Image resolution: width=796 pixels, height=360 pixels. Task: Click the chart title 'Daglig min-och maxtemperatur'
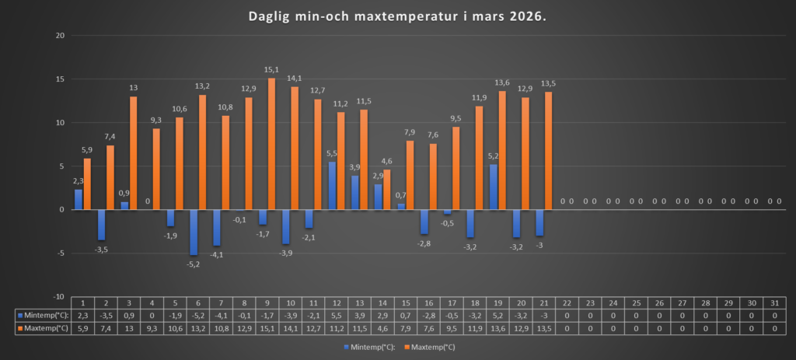tap(397, 16)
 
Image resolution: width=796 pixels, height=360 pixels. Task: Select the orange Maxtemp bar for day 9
tap(271, 144)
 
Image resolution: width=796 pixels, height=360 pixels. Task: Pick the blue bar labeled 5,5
tap(332, 185)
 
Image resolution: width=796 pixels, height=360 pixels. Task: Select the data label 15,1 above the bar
tap(271, 70)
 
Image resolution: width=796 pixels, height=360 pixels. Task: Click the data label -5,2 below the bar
tap(193, 264)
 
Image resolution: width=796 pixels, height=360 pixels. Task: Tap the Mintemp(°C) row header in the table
tap(44, 316)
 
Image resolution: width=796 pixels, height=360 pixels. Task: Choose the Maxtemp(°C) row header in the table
tap(44, 329)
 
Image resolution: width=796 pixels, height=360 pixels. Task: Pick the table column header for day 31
tap(774, 302)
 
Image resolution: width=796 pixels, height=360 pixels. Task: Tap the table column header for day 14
tap(382, 302)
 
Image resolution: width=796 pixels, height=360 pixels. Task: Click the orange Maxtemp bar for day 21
tap(548, 151)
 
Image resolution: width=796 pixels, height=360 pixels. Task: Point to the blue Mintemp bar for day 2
tap(101, 225)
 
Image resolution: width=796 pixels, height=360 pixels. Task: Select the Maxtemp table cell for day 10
tap(289, 329)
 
